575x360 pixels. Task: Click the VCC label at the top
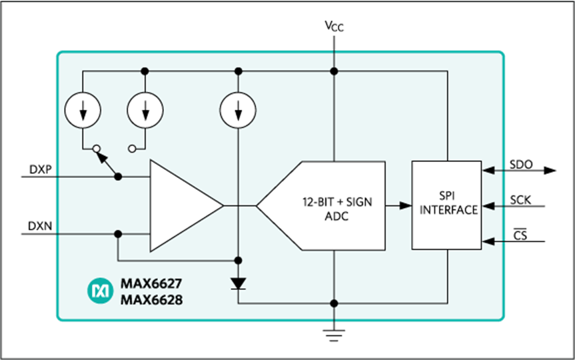click(x=334, y=26)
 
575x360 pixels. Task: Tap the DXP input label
click(x=41, y=169)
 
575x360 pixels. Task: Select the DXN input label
click(x=40, y=226)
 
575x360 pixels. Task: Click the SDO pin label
click(x=521, y=165)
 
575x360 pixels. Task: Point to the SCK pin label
click(x=520, y=200)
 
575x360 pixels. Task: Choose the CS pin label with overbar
click(x=520, y=235)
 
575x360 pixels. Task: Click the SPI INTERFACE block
click(x=446, y=205)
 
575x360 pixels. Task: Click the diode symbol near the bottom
click(x=238, y=284)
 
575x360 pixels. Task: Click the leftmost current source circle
click(x=83, y=110)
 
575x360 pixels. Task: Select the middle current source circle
click(x=145, y=110)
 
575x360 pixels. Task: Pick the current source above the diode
click(x=238, y=110)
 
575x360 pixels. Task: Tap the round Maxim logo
click(x=101, y=291)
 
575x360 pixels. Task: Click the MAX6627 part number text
click(x=151, y=284)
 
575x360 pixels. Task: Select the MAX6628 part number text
click(x=151, y=300)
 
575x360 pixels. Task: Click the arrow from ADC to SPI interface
click(x=398, y=205)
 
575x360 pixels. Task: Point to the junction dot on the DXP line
click(x=118, y=177)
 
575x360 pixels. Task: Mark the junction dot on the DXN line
click(x=118, y=234)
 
